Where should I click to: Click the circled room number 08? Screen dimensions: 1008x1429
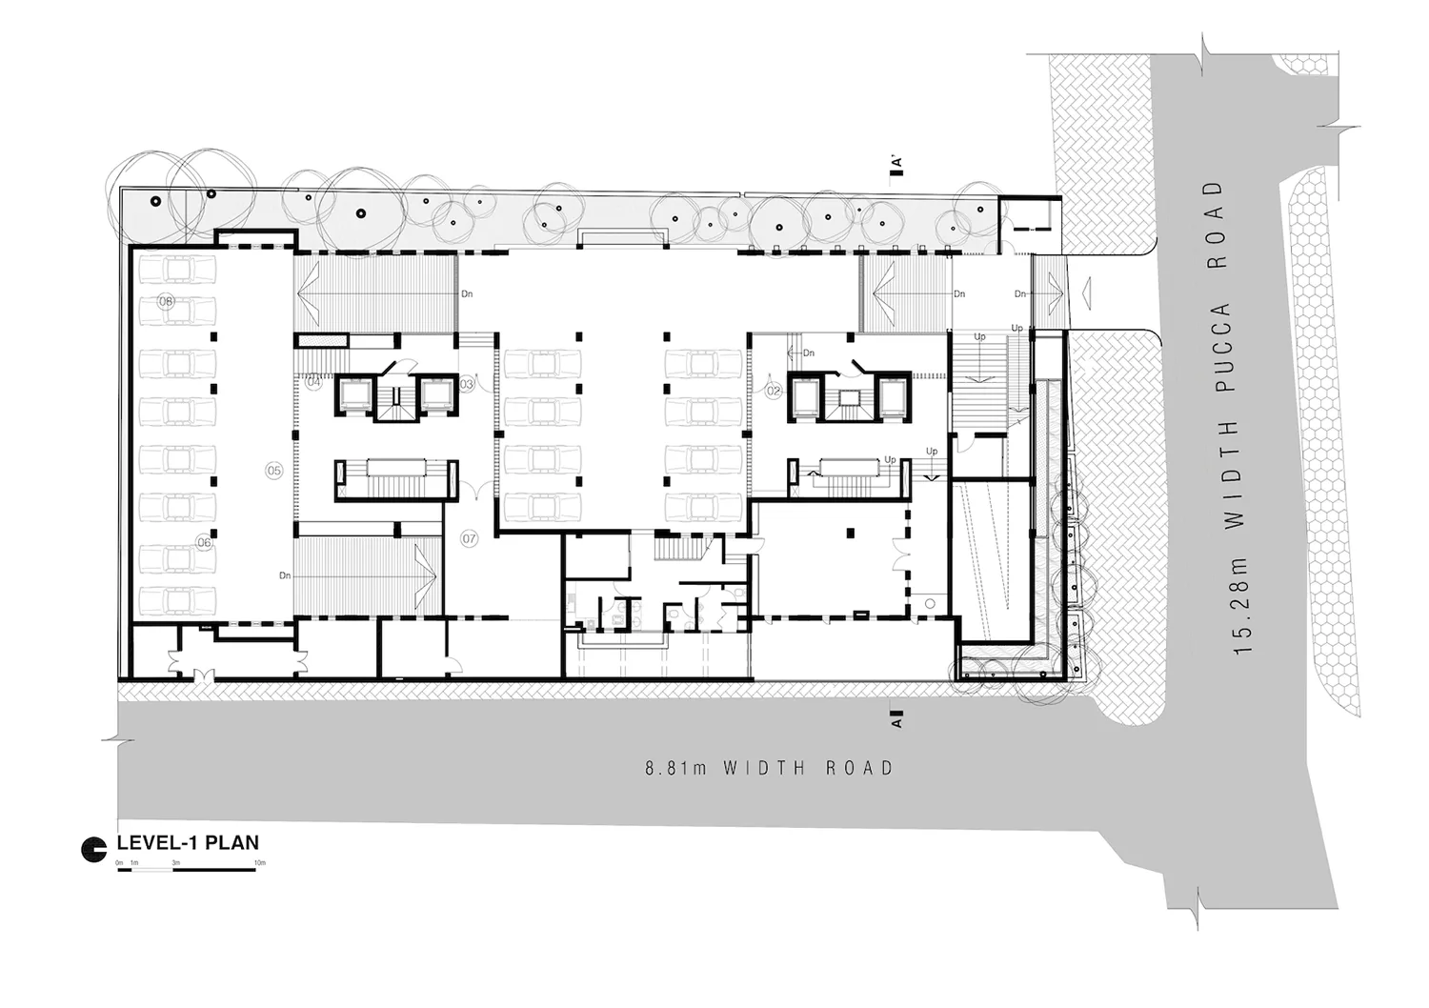(x=166, y=301)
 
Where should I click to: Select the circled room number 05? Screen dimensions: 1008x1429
(x=274, y=471)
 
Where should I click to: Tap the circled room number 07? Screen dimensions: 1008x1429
(x=469, y=538)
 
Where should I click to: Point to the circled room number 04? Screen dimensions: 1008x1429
(x=313, y=382)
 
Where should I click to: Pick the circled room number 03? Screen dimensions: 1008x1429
(x=466, y=385)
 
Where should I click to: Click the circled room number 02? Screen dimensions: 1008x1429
(x=774, y=391)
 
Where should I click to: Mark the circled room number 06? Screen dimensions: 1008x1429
(x=204, y=542)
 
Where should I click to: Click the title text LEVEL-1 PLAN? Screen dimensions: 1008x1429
(x=187, y=843)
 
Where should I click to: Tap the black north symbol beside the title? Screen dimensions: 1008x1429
(x=93, y=850)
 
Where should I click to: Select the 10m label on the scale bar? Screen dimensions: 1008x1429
(x=259, y=863)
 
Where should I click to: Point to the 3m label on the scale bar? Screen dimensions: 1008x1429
(x=176, y=863)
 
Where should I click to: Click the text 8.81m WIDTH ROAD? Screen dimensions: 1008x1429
(x=769, y=768)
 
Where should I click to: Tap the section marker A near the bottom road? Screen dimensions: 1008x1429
(x=896, y=717)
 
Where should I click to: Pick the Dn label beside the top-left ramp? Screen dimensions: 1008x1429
(x=467, y=294)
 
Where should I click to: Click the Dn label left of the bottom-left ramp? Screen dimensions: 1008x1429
(x=284, y=575)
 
